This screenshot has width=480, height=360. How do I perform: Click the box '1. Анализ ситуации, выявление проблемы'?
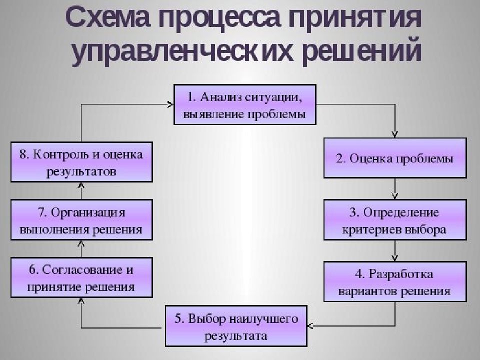(245, 104)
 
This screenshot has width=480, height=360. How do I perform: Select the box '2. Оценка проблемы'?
(395, 158)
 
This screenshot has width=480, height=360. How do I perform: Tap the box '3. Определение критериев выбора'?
(395, 220)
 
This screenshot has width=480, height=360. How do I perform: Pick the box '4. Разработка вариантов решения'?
(395, 281)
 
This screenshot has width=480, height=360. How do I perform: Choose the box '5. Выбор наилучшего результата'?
(236, 326)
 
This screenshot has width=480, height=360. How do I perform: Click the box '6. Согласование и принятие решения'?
(81, 277)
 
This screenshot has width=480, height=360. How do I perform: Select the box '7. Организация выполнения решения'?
(81, 220)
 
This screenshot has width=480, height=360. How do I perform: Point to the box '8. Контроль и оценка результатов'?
(81, 162)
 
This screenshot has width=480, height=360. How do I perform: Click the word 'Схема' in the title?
(108, 18)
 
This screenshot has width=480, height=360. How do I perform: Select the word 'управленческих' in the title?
(182, 50)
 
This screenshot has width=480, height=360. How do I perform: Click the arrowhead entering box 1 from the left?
(170, 104)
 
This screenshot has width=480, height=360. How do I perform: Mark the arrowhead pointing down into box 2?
(395, 134)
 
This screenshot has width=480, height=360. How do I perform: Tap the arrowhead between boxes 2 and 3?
(395, 196)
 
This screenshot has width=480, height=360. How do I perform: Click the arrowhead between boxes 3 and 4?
(395, 258)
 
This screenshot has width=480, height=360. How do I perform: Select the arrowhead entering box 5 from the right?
(310, 325)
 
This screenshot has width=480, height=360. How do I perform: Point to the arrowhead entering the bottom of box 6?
(81, 301)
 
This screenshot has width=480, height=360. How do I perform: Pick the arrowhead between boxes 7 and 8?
(81, 186)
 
